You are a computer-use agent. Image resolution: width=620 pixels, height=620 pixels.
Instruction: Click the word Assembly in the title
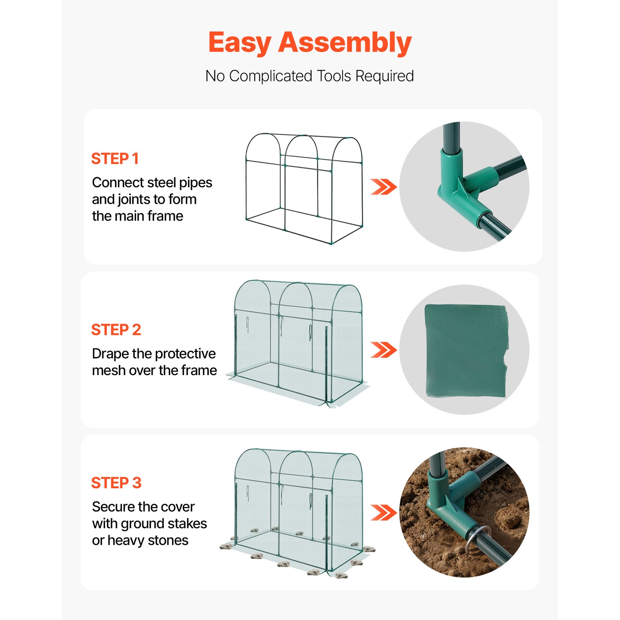344,43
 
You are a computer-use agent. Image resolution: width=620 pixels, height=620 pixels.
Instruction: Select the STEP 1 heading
115,159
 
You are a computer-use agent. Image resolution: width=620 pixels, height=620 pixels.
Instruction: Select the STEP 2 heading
116,330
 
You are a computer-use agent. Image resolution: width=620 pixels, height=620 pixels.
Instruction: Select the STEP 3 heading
116,483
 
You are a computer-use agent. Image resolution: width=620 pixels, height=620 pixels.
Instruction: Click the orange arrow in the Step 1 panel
383,187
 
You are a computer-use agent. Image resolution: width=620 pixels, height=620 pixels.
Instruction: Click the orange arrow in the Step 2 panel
383,350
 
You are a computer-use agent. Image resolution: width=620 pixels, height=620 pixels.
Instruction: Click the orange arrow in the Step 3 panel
383,513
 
